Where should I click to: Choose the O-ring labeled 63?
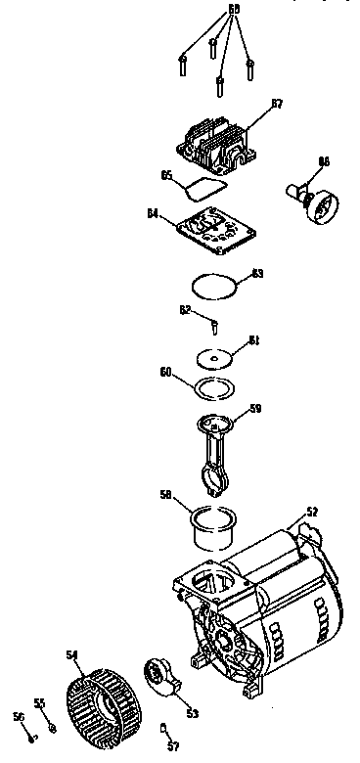click(214, 286)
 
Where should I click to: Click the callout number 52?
click(312, 512)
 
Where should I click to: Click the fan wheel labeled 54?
click(101, 694)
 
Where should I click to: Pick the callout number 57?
click(174, 746)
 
